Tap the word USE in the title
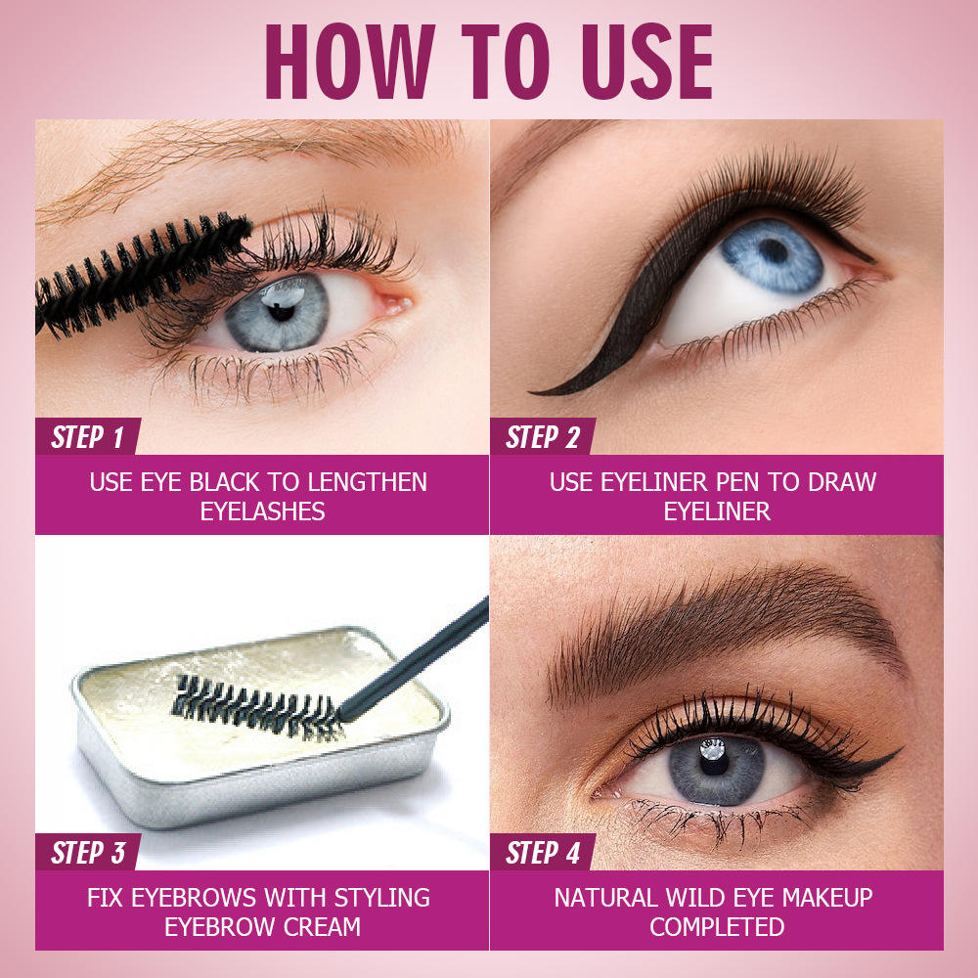(646, 61)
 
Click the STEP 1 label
(87, 436)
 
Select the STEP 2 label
(543, 436)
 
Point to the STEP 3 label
(88, 853)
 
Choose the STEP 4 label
(543, 853)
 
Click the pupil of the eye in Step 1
(281, 311)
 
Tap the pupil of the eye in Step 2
(774, 250)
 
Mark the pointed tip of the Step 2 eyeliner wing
(531, 392)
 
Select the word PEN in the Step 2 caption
(737, 482)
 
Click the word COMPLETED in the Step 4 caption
(717, 927)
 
